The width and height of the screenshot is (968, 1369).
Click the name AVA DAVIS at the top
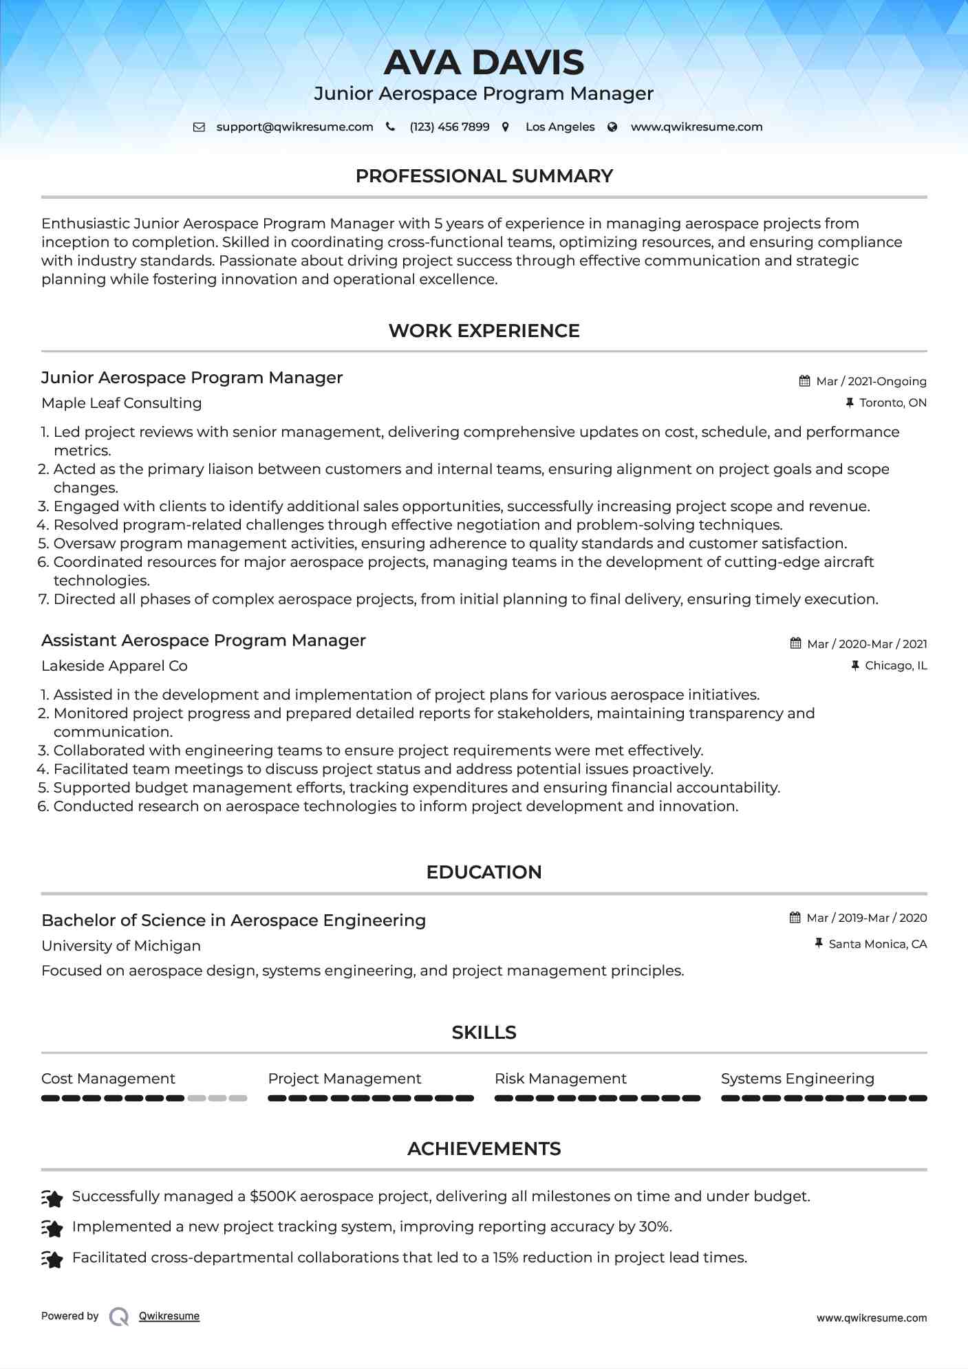click(484, 63)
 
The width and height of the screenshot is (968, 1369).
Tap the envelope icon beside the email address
click(199, 127)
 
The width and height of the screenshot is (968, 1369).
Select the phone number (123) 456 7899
click(449, 127)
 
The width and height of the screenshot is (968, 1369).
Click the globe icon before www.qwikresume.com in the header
click(612, 127)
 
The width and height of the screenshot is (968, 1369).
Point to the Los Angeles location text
click(560, 127)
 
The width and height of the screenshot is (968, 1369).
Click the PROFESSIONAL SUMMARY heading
click(484, 176)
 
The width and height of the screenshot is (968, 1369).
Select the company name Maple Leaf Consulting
click(122, 403)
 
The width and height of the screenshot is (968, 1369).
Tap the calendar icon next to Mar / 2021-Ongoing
click(804, 381)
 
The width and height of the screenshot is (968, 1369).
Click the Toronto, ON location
click(893, 402)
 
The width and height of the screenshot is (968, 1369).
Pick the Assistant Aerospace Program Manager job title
click(204, 640)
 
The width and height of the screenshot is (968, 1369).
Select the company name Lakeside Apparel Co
click(114, 666)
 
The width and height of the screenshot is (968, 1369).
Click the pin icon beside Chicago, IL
click(855, 665)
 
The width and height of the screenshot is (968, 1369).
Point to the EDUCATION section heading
click(484, 872)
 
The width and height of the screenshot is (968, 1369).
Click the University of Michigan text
click(121, 946)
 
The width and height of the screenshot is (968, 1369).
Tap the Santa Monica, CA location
click(877, 944)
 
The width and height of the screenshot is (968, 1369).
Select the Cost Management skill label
click(108, 1079)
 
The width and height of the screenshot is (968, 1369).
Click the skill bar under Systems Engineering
click(824, 1099)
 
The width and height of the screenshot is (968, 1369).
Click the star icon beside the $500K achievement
click(52, 1198)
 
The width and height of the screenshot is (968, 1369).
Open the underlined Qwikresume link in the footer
click(169, 1316)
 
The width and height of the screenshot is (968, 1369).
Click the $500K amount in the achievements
click(272, 1196)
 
